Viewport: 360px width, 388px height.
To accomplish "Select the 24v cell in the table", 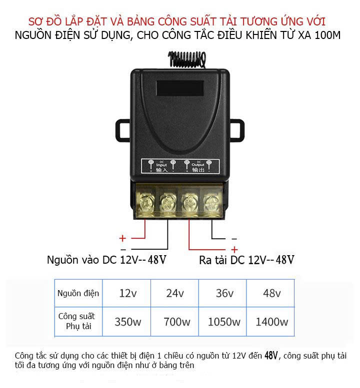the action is (174, 293).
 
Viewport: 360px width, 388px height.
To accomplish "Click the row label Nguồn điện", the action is (78, 293).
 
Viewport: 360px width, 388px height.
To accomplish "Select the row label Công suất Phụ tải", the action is (77, 321).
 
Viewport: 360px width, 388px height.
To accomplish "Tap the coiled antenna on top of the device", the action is (187, 59).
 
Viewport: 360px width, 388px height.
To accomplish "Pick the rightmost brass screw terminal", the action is (212, 202).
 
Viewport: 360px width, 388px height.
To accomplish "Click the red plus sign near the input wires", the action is (122, 238).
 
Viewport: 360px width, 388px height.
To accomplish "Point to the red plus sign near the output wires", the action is (234, 250).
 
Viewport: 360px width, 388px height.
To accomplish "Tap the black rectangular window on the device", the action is (180, 88).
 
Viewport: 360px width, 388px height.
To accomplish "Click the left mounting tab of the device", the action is (123, 131).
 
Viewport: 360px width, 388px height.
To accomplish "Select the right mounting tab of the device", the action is (237, 131).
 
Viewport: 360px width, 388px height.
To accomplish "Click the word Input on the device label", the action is (161, 165).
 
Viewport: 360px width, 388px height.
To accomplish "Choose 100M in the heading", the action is (328, 35).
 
